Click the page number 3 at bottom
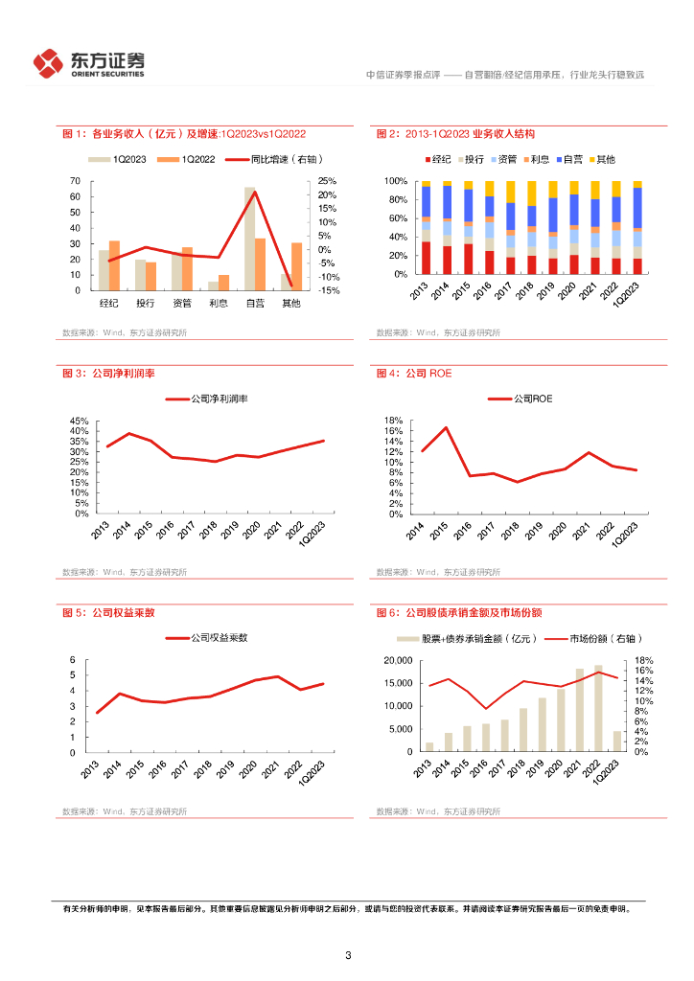pyautogui.click(x=348, y=955)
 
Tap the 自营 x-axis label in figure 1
pyautogui.click(x=254, y=304)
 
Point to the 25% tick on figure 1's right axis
pyautogui.click(x=327, y=181)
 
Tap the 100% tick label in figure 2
pyautogui.click(x=396, y=181)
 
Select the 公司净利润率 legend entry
pyautogui.click(x=206, y=398)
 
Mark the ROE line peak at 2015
pyautogui.click(x=446, y=427)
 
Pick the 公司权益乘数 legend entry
pyautogui.click(x=206, y=637)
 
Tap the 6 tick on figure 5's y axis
pyautogui.click(x=84, y=660)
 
